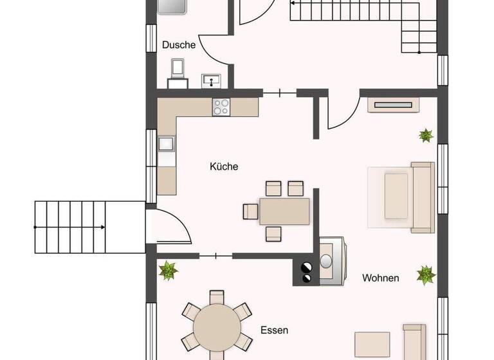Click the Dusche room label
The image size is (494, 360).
(179, 45)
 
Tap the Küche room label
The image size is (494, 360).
(224, 166)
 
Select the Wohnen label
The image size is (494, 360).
(380, 278)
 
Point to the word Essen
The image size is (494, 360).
(274, 330)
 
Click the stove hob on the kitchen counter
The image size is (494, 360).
(222, 107)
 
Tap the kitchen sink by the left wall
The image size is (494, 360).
(166, 146)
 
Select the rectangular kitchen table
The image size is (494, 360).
(284, 211)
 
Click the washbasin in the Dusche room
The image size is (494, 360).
(212, 80)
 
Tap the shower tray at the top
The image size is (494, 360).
(172, 6)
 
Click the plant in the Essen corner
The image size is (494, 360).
(169, 270)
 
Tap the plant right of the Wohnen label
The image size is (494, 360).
(426, 274)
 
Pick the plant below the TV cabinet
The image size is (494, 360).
(425, 135)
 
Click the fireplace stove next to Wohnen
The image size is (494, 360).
(331, 262)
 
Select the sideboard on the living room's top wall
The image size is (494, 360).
(394, 104)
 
